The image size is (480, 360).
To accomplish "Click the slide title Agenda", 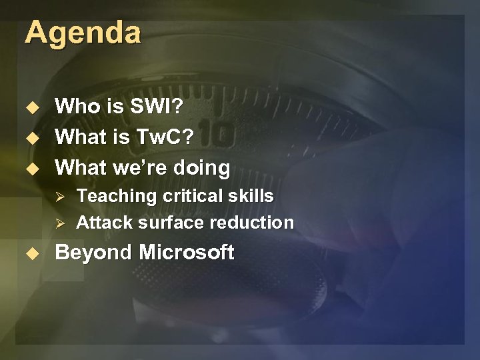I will tap(83, 32).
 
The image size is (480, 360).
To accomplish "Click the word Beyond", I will tap(94, 253).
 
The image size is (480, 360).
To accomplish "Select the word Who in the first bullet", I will tap(75, 106).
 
